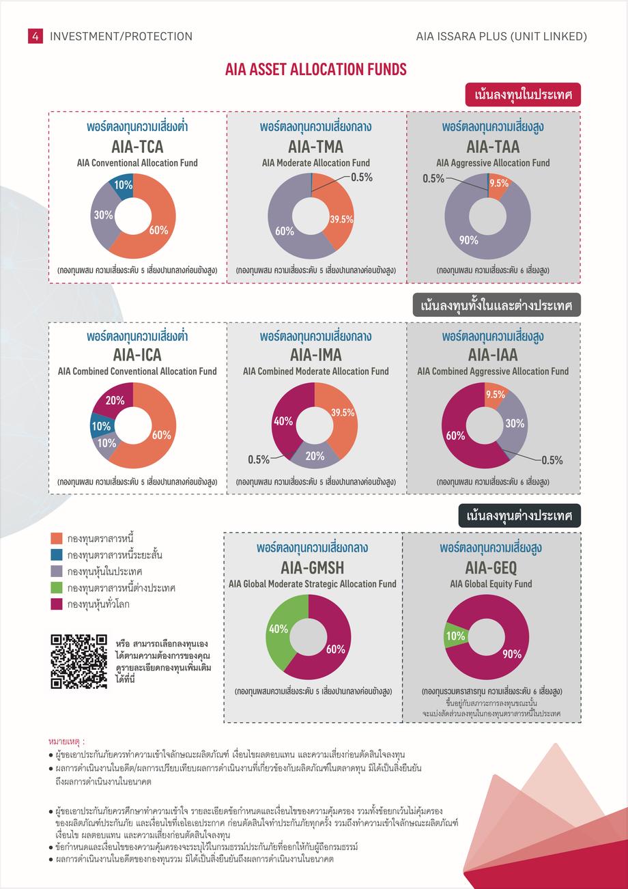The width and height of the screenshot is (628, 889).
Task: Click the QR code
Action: click(x=79, y=662)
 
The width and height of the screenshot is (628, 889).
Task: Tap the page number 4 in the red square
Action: click(x=35, y=36)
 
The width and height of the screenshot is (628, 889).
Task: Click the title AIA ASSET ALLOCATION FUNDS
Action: click(x=316, y=70)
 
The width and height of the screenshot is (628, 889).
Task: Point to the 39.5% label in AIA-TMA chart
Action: click(x=341, y=219)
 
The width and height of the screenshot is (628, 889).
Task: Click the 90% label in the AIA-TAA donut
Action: click(x=468, y=240)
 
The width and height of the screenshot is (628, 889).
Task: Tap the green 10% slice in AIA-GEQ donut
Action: click(x=454, y=636)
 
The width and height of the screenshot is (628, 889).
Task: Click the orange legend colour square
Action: click(x=57, y=539)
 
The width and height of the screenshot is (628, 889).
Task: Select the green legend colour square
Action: click(x=57, y=588)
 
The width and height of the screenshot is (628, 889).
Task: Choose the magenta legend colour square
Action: click(x=57, y=604)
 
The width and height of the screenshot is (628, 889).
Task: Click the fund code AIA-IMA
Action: click(x=316, y=355)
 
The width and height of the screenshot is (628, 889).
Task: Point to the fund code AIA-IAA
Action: click(x=493, y=355)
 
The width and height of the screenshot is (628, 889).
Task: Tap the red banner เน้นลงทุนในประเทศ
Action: click(x=523, y=94)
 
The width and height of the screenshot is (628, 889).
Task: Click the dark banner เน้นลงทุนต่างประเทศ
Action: click(x=519, y=516)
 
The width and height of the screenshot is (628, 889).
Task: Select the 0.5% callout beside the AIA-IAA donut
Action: click(x=552, y=460)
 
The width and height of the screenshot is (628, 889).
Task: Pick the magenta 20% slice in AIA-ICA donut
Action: click(x=113, y=400)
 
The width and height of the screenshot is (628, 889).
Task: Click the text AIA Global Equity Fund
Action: click(x=491, y=584)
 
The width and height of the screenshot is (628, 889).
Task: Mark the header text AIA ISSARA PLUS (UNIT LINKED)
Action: click(x=502, y=36)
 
